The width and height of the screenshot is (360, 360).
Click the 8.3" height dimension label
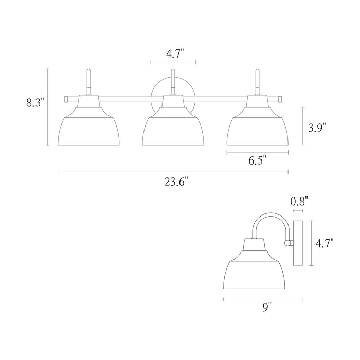coord(35,103)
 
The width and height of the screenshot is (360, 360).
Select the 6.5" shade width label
coord(257,160)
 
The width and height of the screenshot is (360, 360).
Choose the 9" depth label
coord(266,308)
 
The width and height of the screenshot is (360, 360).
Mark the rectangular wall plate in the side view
coord(297,243)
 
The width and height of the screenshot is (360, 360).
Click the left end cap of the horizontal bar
coord(66,98)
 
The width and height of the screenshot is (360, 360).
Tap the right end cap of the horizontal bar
coord(280,98)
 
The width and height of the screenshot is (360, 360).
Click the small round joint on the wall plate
coord(289,242)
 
